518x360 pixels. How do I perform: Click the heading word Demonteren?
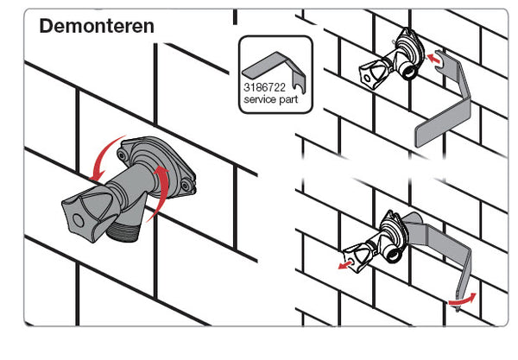97,26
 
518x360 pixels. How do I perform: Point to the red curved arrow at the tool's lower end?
464,298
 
